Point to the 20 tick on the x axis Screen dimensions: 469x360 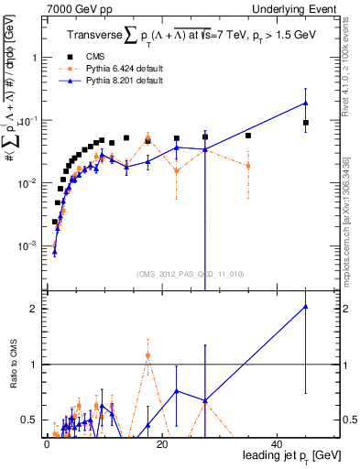161,444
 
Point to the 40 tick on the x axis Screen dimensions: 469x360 277,444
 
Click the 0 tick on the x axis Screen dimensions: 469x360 47,444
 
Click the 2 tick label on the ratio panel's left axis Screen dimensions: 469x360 36,309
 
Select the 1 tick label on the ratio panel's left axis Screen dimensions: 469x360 36,365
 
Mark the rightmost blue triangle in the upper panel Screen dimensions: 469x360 305,104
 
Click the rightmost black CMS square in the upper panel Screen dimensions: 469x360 306,123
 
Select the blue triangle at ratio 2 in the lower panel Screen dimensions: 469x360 305,307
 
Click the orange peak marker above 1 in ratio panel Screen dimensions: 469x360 147,355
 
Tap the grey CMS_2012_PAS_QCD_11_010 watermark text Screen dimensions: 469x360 176,274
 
